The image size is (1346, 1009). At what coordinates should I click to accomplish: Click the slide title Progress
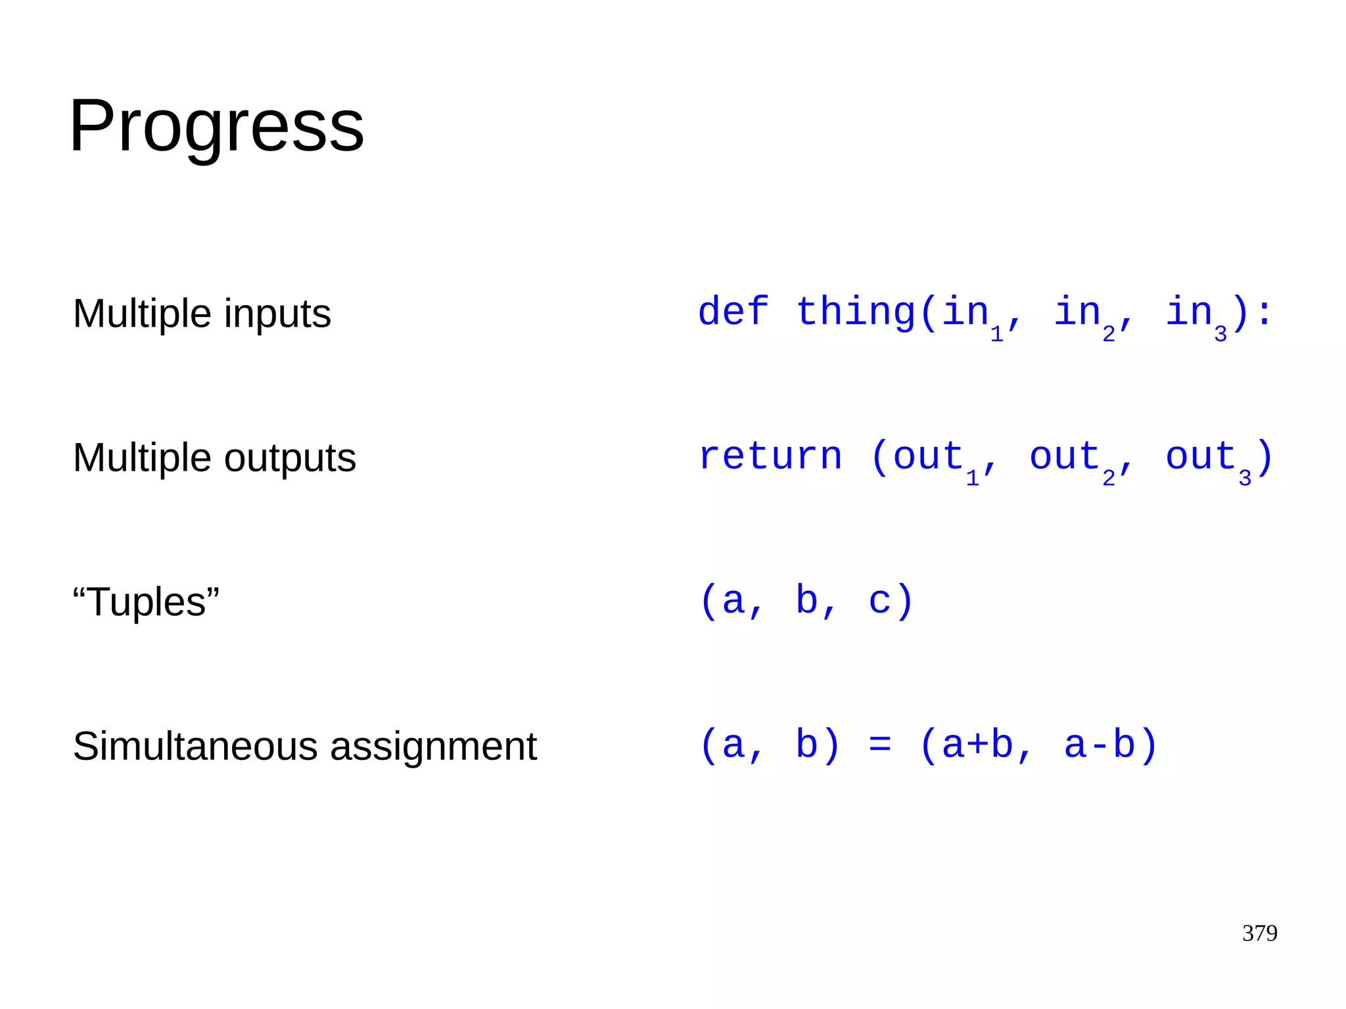pos(216,126)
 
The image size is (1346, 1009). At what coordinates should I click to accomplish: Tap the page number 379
pos(1259,933)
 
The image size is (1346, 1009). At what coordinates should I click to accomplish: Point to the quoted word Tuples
pos(146,601)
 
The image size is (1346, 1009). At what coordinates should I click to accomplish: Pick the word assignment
pos(433,747)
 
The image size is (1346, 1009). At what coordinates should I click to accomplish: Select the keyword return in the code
pos(770,456)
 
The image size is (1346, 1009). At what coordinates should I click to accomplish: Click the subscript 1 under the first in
pos(996,334)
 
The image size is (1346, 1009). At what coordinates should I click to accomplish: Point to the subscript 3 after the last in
pos(1220,334)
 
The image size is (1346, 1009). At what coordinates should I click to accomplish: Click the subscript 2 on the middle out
pos(1109,478)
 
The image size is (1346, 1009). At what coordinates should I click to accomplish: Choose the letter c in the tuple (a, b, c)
pos(879,601)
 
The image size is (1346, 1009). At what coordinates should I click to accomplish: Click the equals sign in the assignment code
pos(879,745)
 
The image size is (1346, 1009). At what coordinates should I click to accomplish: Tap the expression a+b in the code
pos(977,745)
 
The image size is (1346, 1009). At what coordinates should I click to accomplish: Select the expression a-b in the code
pos(1100,745)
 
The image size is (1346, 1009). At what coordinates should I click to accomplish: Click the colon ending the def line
pos(1264,313)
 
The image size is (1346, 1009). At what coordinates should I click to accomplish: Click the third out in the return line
pos(1201,456)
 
